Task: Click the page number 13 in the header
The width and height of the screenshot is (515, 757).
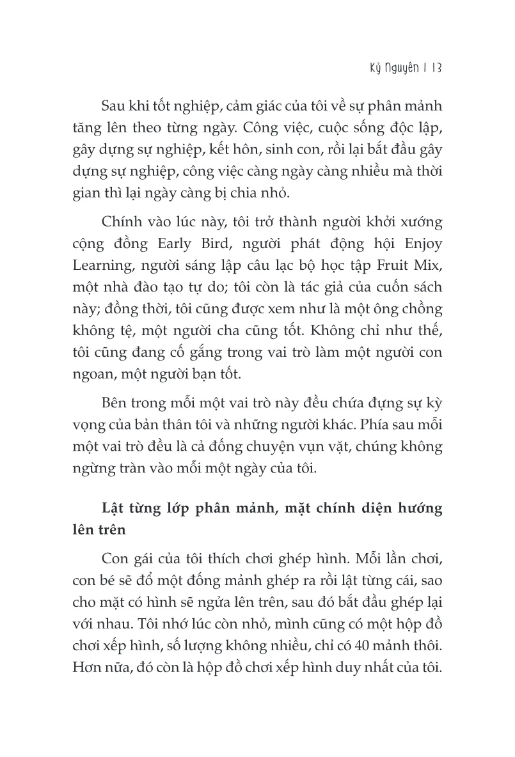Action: coord(436,68)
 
